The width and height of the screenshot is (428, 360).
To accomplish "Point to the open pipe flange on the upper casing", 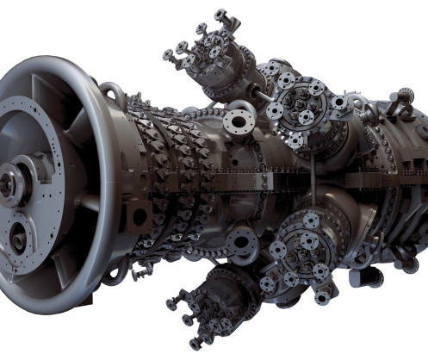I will coord(239,120).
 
